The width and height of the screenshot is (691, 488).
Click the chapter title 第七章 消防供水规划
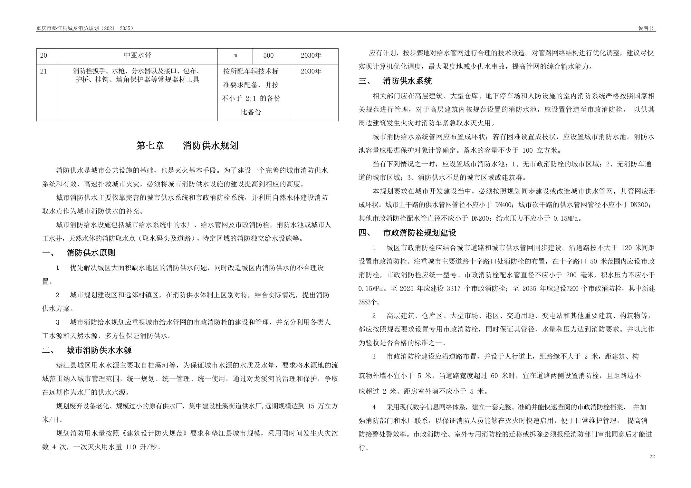187,146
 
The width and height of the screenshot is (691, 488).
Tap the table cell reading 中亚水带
138,55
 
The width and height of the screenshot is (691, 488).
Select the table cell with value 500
268,55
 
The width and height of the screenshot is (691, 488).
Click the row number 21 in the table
43,72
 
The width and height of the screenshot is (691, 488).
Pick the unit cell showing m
235,55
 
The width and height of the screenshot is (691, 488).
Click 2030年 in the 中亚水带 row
311,55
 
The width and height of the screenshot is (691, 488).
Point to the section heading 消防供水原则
91,253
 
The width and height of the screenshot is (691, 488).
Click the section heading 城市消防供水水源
99,350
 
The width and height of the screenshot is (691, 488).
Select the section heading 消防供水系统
407,81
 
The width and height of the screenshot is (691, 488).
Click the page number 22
652,457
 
